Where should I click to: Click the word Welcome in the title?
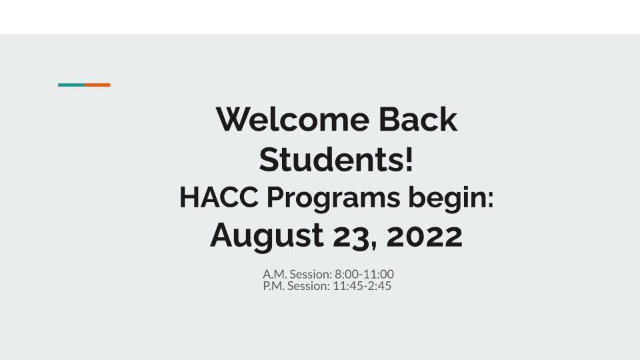coord(292,119)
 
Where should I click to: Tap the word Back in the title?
coord(418,119)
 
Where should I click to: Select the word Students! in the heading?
coord(336,160)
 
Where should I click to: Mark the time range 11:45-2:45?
coord(362,286)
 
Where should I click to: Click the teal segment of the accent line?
coord(71,85)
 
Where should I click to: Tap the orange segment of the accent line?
coord(97,85)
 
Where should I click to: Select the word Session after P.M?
coord(309,286)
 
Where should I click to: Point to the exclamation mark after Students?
coord(409,160)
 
